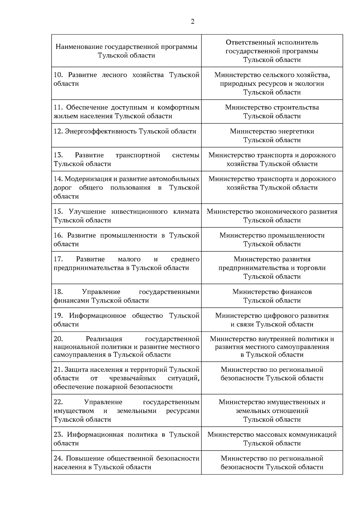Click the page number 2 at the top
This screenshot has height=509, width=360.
pos(192,21)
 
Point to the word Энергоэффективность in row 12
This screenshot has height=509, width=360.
pos(100,131)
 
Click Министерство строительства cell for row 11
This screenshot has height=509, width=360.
pos(272,112)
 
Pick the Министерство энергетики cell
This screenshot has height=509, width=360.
pos(272,136)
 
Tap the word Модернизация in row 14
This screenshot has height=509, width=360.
pos(88,179)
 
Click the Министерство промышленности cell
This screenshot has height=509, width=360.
pos(272,240)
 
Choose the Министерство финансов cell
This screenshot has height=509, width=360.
pos(272,296)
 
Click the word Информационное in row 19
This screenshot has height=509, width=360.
pos(97,316)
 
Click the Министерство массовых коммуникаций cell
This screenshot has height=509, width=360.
pos(272,439)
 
